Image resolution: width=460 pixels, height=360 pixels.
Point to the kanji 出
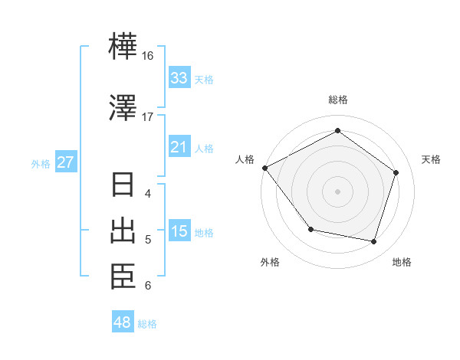(x=123, y=231)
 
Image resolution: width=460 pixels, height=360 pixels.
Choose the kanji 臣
(x=123, y=277)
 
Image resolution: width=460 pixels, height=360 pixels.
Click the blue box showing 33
(x=179, y=78)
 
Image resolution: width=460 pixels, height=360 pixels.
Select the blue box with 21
(x=179, y=147)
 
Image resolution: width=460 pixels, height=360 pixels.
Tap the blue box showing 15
(x=179, y=231)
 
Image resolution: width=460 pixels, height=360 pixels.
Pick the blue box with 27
(x=66, y=162)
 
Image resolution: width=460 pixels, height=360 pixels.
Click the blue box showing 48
(x=123, y=322)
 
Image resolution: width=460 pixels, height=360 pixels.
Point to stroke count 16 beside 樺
(x=148, y=57)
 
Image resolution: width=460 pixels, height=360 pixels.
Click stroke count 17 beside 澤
(x=148, y=116)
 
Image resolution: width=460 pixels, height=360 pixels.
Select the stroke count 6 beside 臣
(x=148, y=286)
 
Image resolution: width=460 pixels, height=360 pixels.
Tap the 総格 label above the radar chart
(x=338, y=100)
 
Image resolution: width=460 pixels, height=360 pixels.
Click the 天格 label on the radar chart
(x=431, y=159)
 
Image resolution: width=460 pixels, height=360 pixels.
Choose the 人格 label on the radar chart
(x=245, y=159)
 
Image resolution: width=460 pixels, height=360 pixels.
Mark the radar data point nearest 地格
(x=374, y=241)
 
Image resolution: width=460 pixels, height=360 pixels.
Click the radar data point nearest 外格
(x=310, y=229)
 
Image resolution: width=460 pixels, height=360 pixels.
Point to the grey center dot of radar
(x=337, y=191)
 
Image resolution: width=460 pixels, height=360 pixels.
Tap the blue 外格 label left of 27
(x=41, y=163)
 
